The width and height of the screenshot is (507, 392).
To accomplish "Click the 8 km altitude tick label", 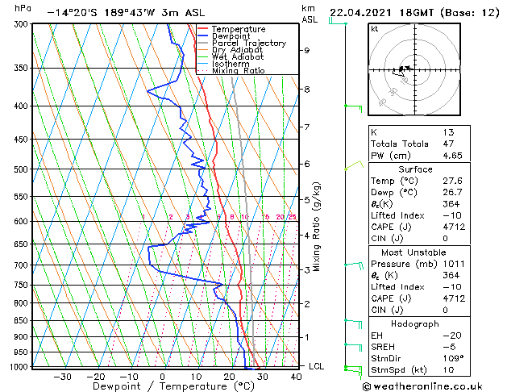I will pyautogui.click(x=306, y=90).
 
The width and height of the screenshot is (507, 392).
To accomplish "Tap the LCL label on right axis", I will pyautogui.click(x=318, y=366).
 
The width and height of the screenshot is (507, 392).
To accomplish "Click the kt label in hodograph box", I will pyautogui.click(x=375, y=29).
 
